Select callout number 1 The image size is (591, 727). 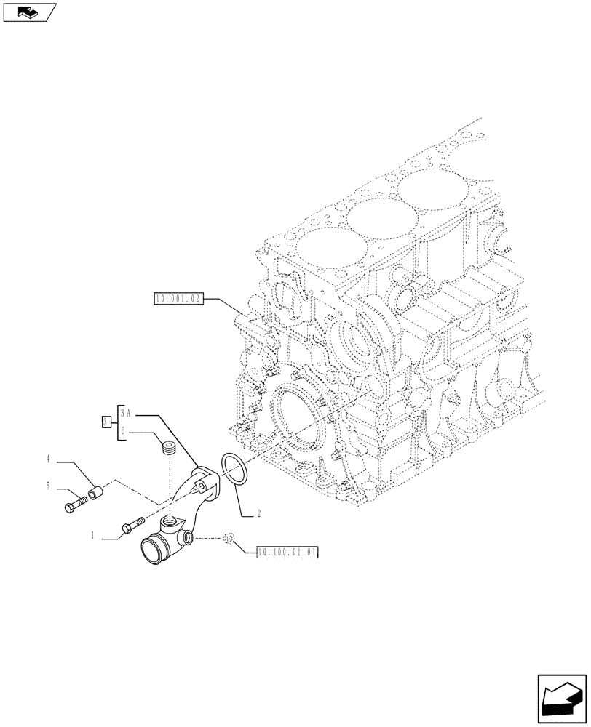click(93, 537)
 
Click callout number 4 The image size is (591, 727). click(48, 459)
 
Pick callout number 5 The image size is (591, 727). click(48, 486)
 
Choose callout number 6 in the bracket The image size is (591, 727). click(124, 431)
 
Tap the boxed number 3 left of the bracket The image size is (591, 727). click(106, 422)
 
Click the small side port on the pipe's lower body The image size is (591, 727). click(189, 537)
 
